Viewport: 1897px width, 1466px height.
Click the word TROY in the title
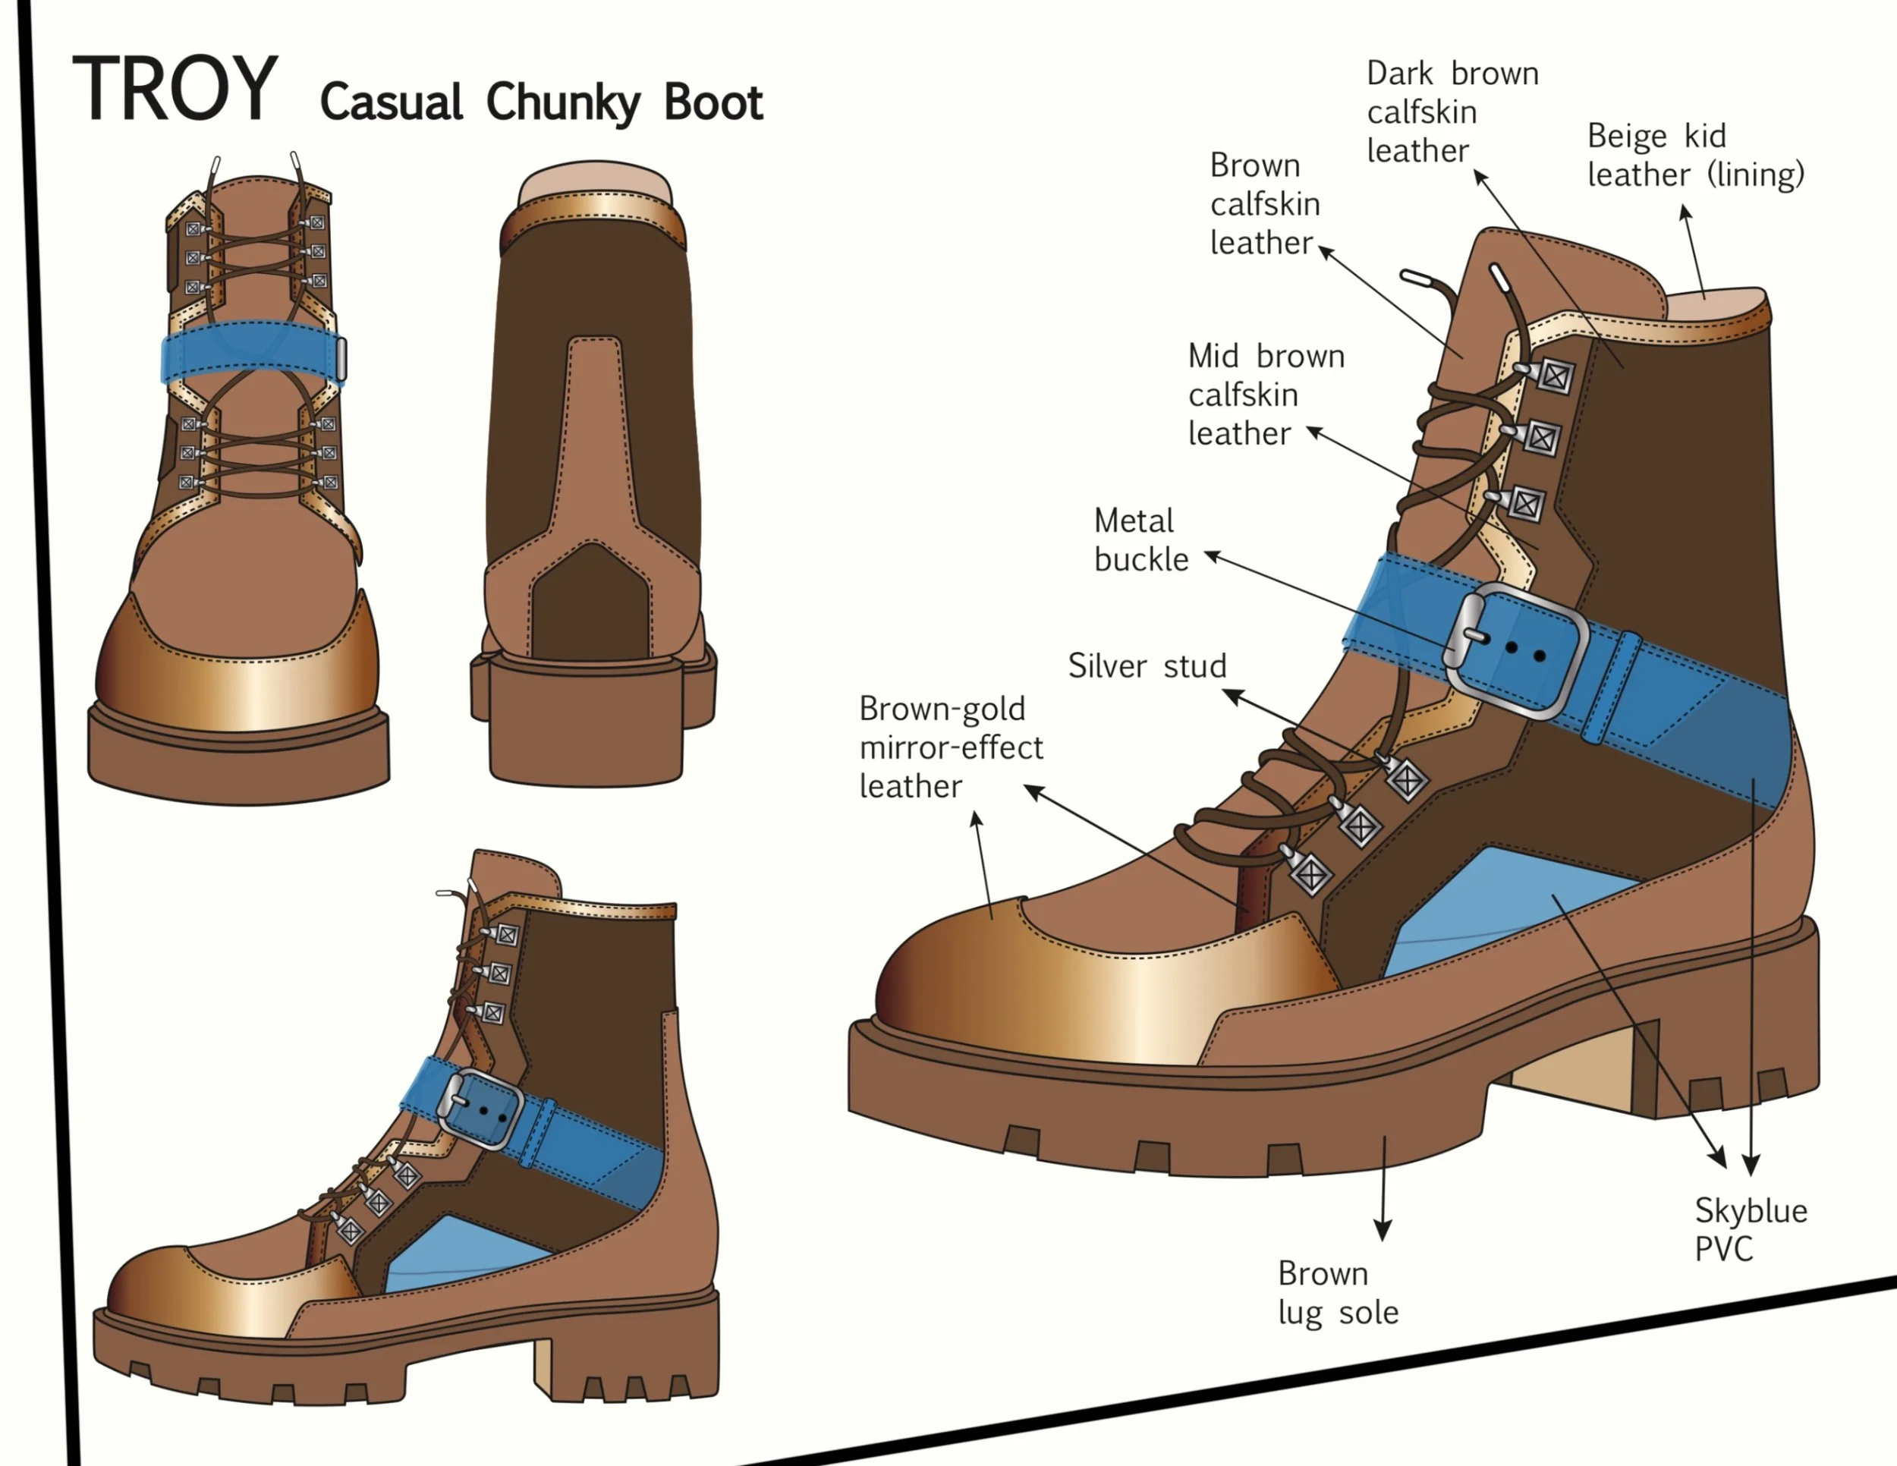[175, 89]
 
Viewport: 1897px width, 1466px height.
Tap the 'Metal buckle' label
[1140, 540]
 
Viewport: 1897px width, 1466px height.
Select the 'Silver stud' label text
[1147, 666]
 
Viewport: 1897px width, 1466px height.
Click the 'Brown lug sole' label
[1338, 1292]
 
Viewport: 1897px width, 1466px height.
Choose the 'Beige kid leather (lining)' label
[1694, 156]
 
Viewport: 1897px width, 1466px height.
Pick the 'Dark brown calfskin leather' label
[1452, 112]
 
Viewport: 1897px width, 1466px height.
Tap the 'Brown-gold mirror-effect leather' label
[950, 747]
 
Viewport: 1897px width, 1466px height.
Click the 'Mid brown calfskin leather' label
[1266, 395]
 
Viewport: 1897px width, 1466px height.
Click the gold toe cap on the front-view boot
[239, 681]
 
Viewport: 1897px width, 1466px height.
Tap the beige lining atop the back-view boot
[595, 185]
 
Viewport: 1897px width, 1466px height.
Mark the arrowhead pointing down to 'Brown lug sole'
[1383, 1231]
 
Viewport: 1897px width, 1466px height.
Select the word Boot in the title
[713, 102]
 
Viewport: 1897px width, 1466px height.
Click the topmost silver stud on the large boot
[1554, 376]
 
